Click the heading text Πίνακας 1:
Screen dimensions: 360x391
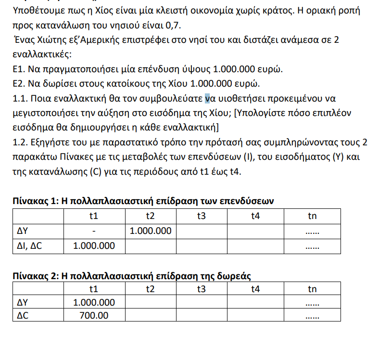[34, 201]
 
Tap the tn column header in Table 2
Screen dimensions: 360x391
[312, 289]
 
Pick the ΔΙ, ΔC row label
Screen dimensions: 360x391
[30, 246]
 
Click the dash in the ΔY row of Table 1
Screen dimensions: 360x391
[95, 231]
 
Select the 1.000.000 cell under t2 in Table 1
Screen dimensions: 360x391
[151, 231]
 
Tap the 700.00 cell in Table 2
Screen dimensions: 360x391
[94, 316]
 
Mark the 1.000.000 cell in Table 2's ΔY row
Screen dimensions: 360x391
[94, 303]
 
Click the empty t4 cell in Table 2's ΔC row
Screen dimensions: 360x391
[255, 316]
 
